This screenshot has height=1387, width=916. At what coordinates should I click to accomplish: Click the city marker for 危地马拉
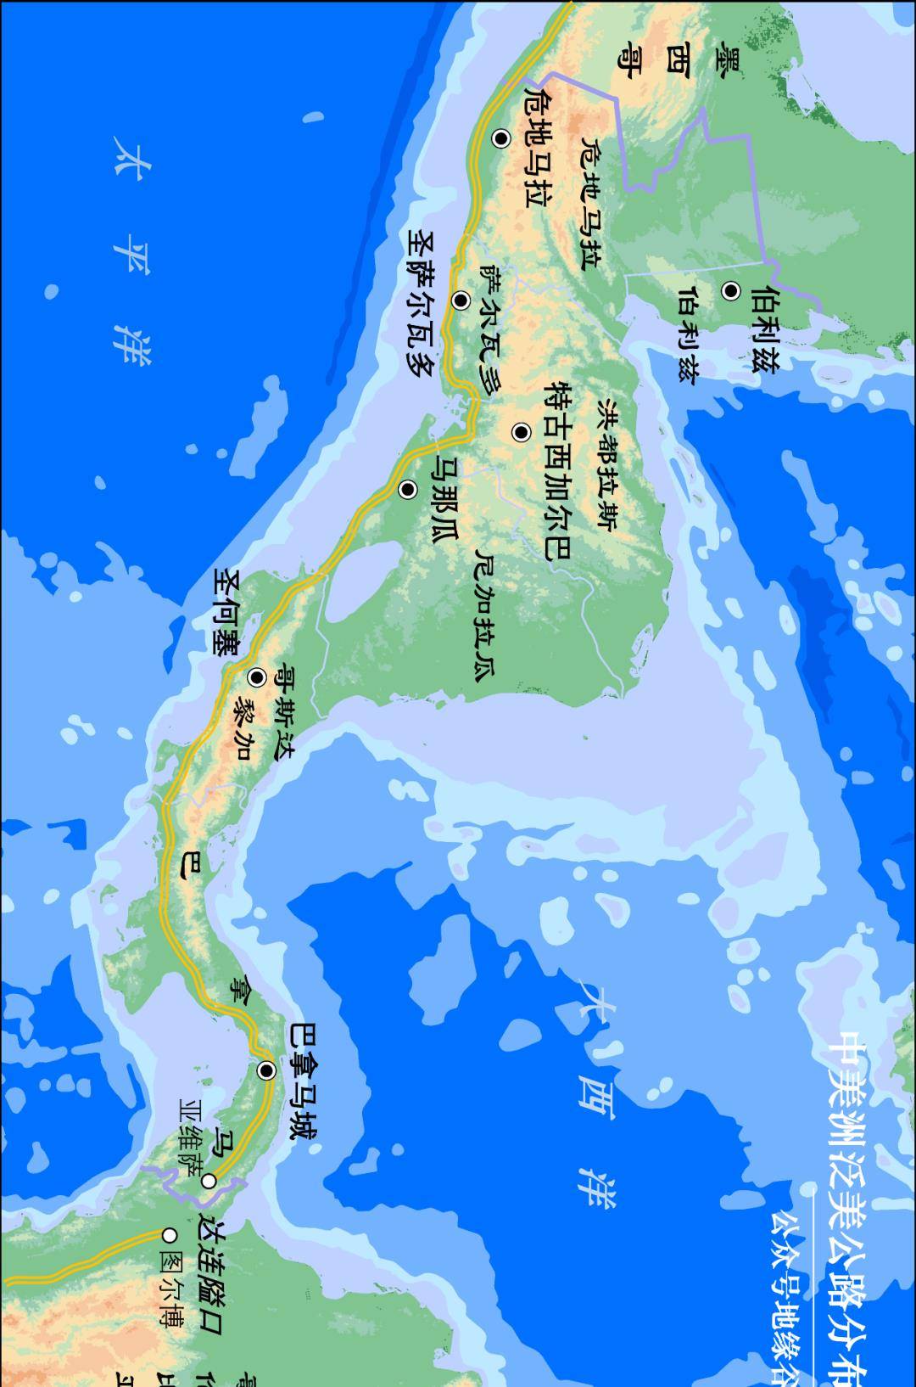point(501,138)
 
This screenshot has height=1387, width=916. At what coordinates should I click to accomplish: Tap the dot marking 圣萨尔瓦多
point(461,300)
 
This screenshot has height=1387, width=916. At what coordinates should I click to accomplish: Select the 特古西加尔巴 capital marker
point(521,432)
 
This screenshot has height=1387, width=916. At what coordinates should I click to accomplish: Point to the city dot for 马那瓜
point(408,490)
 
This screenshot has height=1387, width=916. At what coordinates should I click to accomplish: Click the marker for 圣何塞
point(257,677)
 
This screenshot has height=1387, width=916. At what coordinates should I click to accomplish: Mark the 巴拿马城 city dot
point(267,1070)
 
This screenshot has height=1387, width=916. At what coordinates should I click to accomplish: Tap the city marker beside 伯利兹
point(731,291)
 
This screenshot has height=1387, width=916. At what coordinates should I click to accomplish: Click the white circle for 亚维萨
point(209,1181)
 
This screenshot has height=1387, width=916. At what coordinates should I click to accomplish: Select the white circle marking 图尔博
point(170,1235)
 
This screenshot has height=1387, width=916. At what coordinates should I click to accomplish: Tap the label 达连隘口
point(209,1266)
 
